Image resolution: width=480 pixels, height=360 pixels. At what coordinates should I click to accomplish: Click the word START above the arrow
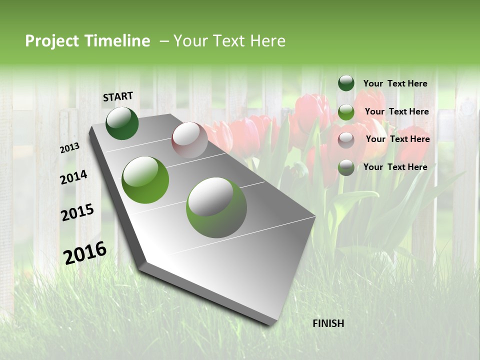pyautogui.click(x=118, y=96)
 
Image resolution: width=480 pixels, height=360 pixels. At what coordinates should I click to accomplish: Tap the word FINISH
pyautogui.click(x=328, y=323)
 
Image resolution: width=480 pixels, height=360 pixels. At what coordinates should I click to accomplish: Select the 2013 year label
pyautogui.click(x=70, y=148)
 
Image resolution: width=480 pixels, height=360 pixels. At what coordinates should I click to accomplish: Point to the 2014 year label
pyautogui.click(x=74, y=177)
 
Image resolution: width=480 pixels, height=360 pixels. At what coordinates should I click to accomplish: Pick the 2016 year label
pyautogui.click(x=85, y=252)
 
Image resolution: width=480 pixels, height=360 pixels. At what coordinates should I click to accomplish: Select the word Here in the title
pyautogui.click(x=267, y=41)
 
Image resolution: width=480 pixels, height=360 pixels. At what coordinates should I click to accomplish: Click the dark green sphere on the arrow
pyautogui.click(x=122, y=123)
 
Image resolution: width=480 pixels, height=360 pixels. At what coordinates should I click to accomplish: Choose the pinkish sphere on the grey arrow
pyautogui.click(x=189, y=140)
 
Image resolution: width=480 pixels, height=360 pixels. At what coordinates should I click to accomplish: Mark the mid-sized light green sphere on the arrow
pyautogui.click(x=145, y=180)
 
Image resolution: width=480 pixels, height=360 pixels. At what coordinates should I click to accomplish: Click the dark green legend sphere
pyautogui.click(x=346, y=83)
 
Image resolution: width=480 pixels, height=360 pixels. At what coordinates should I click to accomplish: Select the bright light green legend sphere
pyautogui.click(x=346, y=112)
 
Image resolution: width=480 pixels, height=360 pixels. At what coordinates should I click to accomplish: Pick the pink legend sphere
pyautogui.click(x=346, y=140)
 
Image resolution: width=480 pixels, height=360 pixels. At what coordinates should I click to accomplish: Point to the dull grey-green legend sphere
pyautogui.click(x=346, y=167)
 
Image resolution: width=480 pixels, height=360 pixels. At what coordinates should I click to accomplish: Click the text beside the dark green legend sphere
pyautogui.click(x=395, y=84)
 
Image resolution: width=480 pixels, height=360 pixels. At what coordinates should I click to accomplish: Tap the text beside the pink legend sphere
pyautogui.click(x=397, y=139)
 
